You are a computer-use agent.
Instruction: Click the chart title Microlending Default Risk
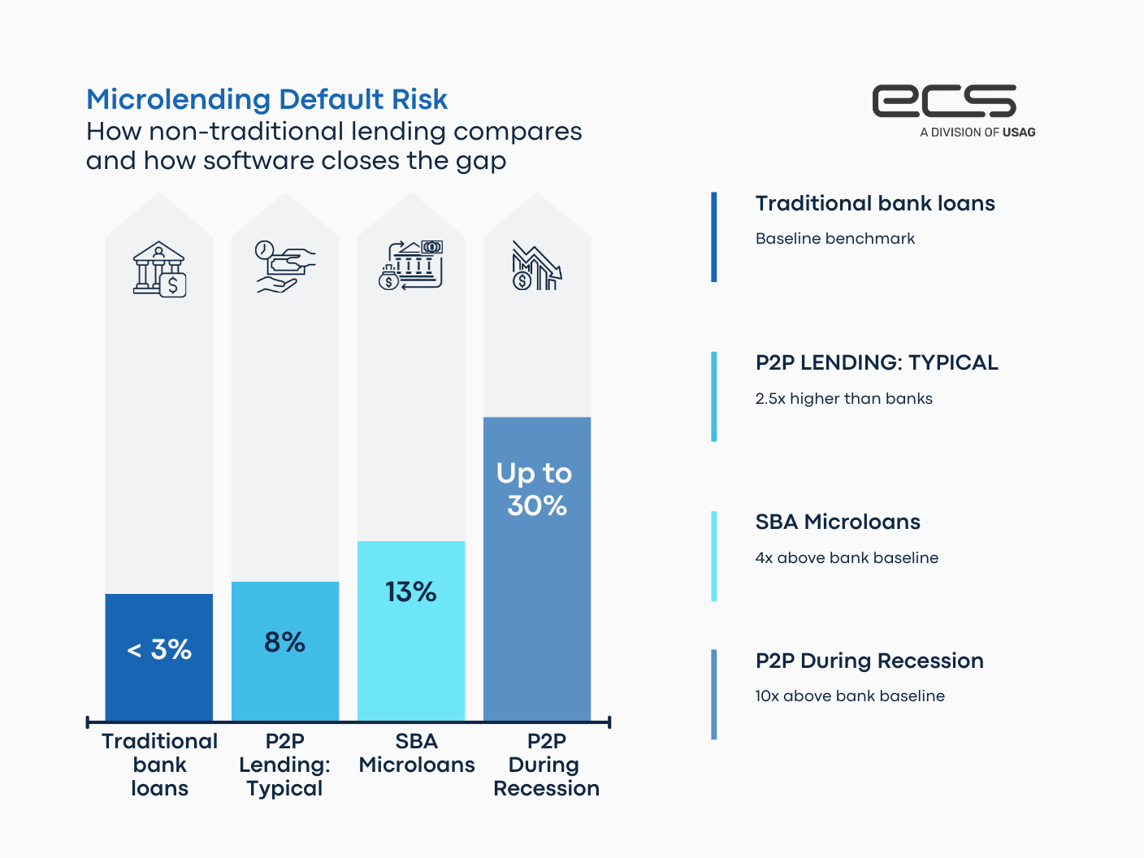pyautogui.click(x=266, y=99)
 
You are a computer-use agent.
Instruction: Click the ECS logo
pyautogui.click(x=944, y=101)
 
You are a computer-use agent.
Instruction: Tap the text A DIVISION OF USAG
pyautogui.click(x=977, y=132)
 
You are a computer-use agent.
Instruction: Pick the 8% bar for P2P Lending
pyautogui.click(x=285, y=650)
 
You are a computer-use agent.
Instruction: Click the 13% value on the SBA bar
pyautogui.click(x=411, y=591)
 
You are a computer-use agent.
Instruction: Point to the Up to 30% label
pyautogui.click(x=535, y=489)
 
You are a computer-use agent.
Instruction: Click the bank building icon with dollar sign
pyautogui.click(x=160, y=269)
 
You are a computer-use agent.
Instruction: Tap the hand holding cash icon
pyautogui.click(x=285, y=266)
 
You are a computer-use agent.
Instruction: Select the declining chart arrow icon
pyautogui.click(x=536, y=266)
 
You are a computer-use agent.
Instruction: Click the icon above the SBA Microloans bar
pyautogui.click(x=411, y=265)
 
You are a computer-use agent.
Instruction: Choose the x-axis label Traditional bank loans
pyautogui.click(x=159, y=765)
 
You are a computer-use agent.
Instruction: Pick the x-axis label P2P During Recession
pyautogui.click(x=546, y=765)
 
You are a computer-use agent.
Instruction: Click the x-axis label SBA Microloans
pyautogui.click(x=417, y=753)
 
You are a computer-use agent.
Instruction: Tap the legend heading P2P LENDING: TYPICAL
pyautogui.click(x=877, y=362)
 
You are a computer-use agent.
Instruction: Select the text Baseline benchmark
pyautogui.click(x=834, y=239)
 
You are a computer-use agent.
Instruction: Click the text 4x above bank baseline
pyautogui.click(x=847, y=558)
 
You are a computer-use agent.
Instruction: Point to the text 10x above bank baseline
pyautogui.click(x=850, y=696)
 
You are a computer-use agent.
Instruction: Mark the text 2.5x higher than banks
pyautogui.click(x=843, y=399)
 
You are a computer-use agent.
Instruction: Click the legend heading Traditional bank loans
pyautogui.click(x=875, y=203)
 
